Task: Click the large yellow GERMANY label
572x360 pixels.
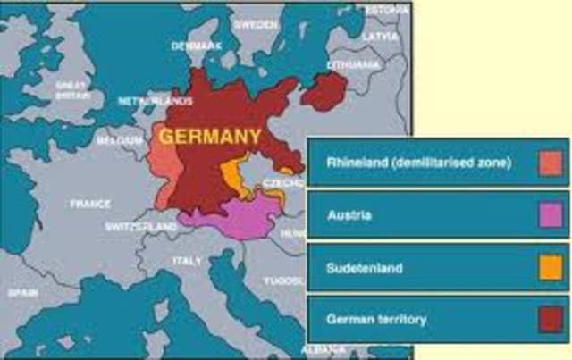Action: tap(211, 137)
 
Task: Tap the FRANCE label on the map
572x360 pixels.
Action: tap(90, 204)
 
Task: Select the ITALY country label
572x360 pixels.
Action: tap(187, 260)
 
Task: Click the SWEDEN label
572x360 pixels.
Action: tap(256, 25)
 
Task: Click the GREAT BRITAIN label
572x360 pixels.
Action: tap(71, 88)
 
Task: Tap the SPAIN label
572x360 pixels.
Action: tap(21, 292)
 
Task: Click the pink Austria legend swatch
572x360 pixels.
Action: tap(551, 214)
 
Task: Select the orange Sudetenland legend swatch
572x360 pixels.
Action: tap(551, 267)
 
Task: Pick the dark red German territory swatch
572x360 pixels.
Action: tap(551, 319)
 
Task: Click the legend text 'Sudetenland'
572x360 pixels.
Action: tap(365, 267)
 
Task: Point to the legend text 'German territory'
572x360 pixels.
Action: tap(376, 319)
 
